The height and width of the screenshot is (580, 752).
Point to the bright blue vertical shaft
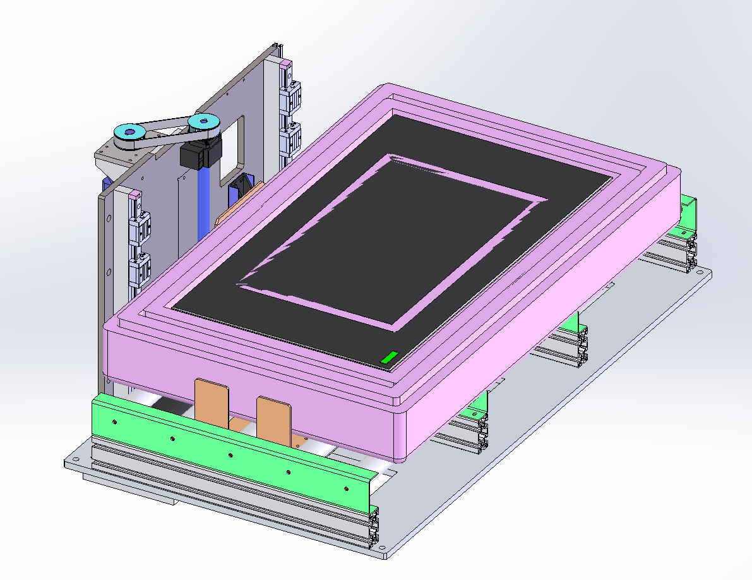(x=203, y=202)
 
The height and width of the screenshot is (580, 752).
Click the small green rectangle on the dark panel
(x=388, y=358)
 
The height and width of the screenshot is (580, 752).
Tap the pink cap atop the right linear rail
(x=286, y=63)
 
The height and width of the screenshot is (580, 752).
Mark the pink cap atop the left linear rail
(x=134, y=195)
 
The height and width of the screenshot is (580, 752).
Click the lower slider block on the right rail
(x=292, y=138)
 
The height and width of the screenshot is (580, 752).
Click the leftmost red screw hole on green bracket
(x=114, y=421)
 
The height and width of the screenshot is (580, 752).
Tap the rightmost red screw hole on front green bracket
(x=345, y=488)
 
